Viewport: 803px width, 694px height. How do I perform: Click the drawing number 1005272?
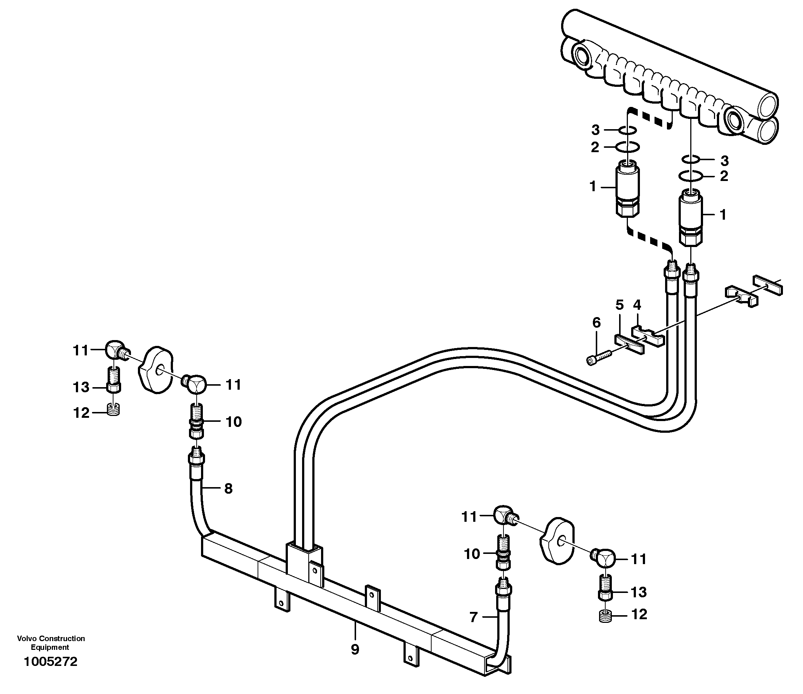pos(50,662)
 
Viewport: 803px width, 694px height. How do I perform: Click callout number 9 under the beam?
pos(355,649)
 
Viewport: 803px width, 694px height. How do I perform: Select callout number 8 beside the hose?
pos(228,489)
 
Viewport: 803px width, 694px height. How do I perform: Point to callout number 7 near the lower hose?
pos(473,617)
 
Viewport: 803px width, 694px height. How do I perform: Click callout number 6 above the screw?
pos(597,323)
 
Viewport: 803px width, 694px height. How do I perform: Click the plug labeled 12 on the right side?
pos(605,615)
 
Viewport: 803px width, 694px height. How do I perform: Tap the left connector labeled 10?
pos(197,421)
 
